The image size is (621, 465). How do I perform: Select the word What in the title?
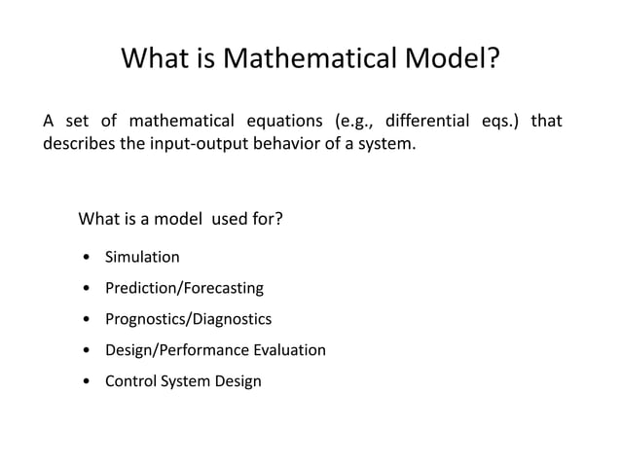pos(156,60)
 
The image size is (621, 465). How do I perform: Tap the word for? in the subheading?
pos(267,217)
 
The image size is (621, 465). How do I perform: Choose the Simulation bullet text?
pos(142,258)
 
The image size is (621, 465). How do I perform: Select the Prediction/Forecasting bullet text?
pos(184,289)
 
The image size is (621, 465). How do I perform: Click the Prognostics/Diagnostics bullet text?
pos(188,319)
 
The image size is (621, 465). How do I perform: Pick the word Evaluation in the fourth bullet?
pos(289,350)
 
